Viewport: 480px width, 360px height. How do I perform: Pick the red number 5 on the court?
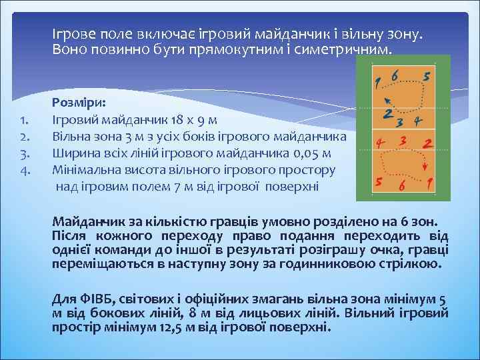[x=378, y=181]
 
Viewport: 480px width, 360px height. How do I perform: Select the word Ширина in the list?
[x=73, y=154]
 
